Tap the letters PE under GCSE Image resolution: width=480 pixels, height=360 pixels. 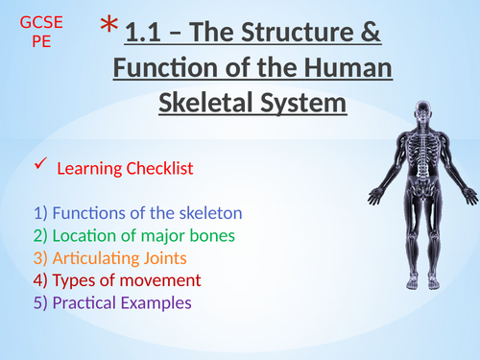[39, 43]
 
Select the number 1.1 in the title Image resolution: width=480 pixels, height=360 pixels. [146, 36]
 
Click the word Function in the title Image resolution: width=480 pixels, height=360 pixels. [167, 69]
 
